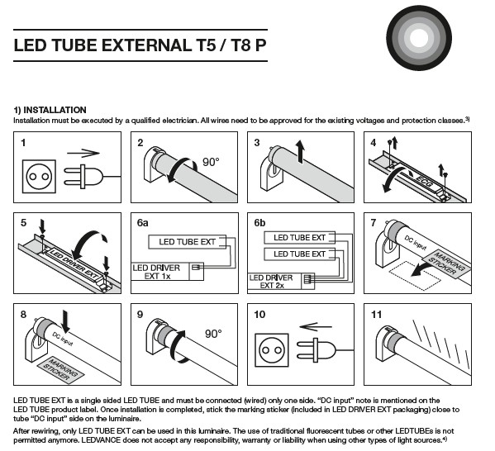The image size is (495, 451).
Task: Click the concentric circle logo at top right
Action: [x=419, y=37]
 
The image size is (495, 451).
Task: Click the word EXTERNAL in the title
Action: [x=146, y=45]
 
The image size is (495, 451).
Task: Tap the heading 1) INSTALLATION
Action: [x=50, y=110]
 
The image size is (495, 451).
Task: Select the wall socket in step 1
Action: [x=39, y=176]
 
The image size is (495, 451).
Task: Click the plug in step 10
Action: [x=325, y=350]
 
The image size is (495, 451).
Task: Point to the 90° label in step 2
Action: [x=211, y=162]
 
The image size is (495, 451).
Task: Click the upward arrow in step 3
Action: [x=300, y=152]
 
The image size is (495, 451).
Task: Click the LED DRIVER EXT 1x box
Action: [x=167, y=272]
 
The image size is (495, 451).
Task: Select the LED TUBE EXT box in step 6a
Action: [x=188, y=242]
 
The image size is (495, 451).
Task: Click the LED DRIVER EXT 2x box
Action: [x=281, y=281]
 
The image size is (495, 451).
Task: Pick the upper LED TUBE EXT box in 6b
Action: [x=299, y=238]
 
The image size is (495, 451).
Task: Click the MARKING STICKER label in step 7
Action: [x=446, y=263]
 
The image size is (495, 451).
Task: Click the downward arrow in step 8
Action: [x=65, y=321]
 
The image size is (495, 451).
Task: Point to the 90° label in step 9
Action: [x=213, y=334]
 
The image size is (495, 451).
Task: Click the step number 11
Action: [x=376, y=315]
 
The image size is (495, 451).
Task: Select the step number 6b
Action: [x=259, y=223]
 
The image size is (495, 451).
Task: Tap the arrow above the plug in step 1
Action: [x=83, y=154]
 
